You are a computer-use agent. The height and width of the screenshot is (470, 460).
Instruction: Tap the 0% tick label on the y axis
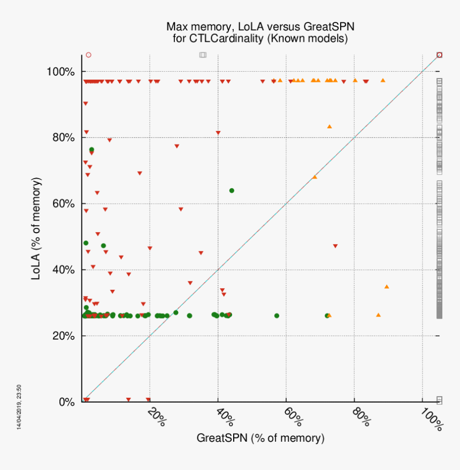point(67,402)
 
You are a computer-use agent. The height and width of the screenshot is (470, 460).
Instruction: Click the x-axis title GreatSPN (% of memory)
point(260,438)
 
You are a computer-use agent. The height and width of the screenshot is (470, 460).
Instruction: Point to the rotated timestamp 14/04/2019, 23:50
point(19,406)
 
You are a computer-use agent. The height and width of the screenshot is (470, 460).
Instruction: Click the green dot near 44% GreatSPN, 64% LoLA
point(232,190)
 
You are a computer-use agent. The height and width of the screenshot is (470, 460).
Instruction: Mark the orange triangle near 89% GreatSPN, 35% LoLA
point(387,287)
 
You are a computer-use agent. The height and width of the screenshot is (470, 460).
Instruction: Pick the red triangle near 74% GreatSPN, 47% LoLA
point(335,246)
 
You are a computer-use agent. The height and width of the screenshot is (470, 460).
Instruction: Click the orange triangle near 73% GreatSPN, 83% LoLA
point(329,127)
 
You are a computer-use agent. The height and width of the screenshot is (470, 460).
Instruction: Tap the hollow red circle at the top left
point(89,55)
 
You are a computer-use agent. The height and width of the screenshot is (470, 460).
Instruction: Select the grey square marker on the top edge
point(203,55)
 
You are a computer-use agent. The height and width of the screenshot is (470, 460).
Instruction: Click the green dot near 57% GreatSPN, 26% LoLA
point(277,315)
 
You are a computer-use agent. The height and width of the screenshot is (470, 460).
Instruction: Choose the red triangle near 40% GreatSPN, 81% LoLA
point(218,133)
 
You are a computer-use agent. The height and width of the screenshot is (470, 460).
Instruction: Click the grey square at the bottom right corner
point(440,399)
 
